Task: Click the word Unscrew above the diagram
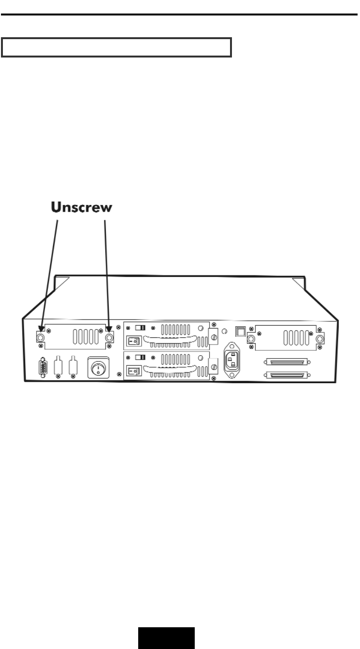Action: tap(82, 208)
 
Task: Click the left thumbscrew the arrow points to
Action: tap(41, 338)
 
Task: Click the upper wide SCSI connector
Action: tap(286, 361)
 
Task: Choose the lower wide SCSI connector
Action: tap(286, 375)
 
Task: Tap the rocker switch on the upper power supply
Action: tap(134, 341)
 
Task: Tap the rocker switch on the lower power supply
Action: tap(134, 372)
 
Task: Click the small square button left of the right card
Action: tap(239, 331)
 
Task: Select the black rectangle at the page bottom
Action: tap(167, 638)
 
